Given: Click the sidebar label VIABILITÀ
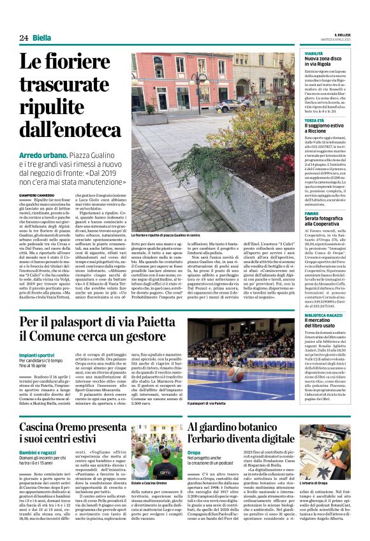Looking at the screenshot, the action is [314, 54].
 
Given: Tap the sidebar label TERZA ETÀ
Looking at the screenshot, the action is [314, 120].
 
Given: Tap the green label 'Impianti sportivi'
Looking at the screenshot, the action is [39, 355].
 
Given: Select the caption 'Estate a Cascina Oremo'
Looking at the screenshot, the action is [150, 483].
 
